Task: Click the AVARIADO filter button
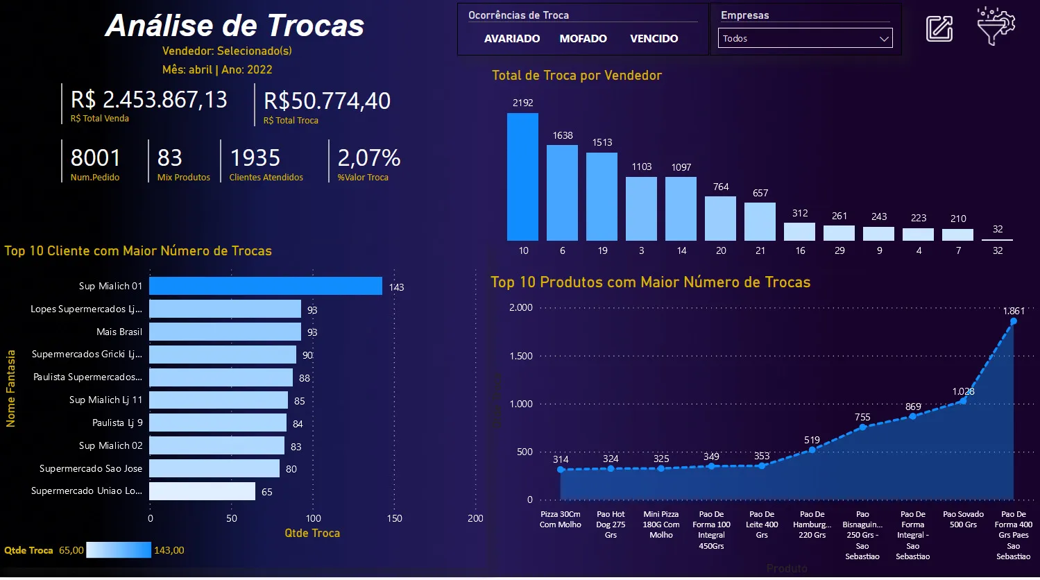pyautogui.click(x=512, y=39)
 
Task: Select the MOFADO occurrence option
pyautogui.click(x=583, y=39)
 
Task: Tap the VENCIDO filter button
pyautogui.click(x=654, y=39)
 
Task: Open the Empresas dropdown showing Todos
pyautogui.click(x=805, y=39)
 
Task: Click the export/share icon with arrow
pyautogui.click(x=939, y=28)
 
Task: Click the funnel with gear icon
pyautogui.click(x=996, y=27)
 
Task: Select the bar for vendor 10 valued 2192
pyautogui.click(x=522, y=177)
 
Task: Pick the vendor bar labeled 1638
pyautogui.click(x=562, y=193)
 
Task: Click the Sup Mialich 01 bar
pyautogui.click(x=265, y=286)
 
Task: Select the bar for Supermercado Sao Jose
pyautogui.click(x=214, y=468)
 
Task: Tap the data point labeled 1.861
pyautogui.click(x=1013, y=321)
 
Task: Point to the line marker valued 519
pyautogui.click(x=812, y=450)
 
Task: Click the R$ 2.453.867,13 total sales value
pyautogui.click(x=149, y=100)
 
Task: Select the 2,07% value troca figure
pyautogui.click(x=369, y=158)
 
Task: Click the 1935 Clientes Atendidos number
pyautogui.click(x=255, y=158)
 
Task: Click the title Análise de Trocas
pyautogui.click(x=235, y=26)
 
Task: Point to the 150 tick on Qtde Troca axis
pyautogui.click(x=394, y=518)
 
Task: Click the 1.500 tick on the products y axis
pyautogui.click(x=520, y=356)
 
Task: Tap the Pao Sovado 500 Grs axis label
pyautogui.click(x=963, y=520)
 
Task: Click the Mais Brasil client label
pyautogui.click(x=119, y=332)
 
